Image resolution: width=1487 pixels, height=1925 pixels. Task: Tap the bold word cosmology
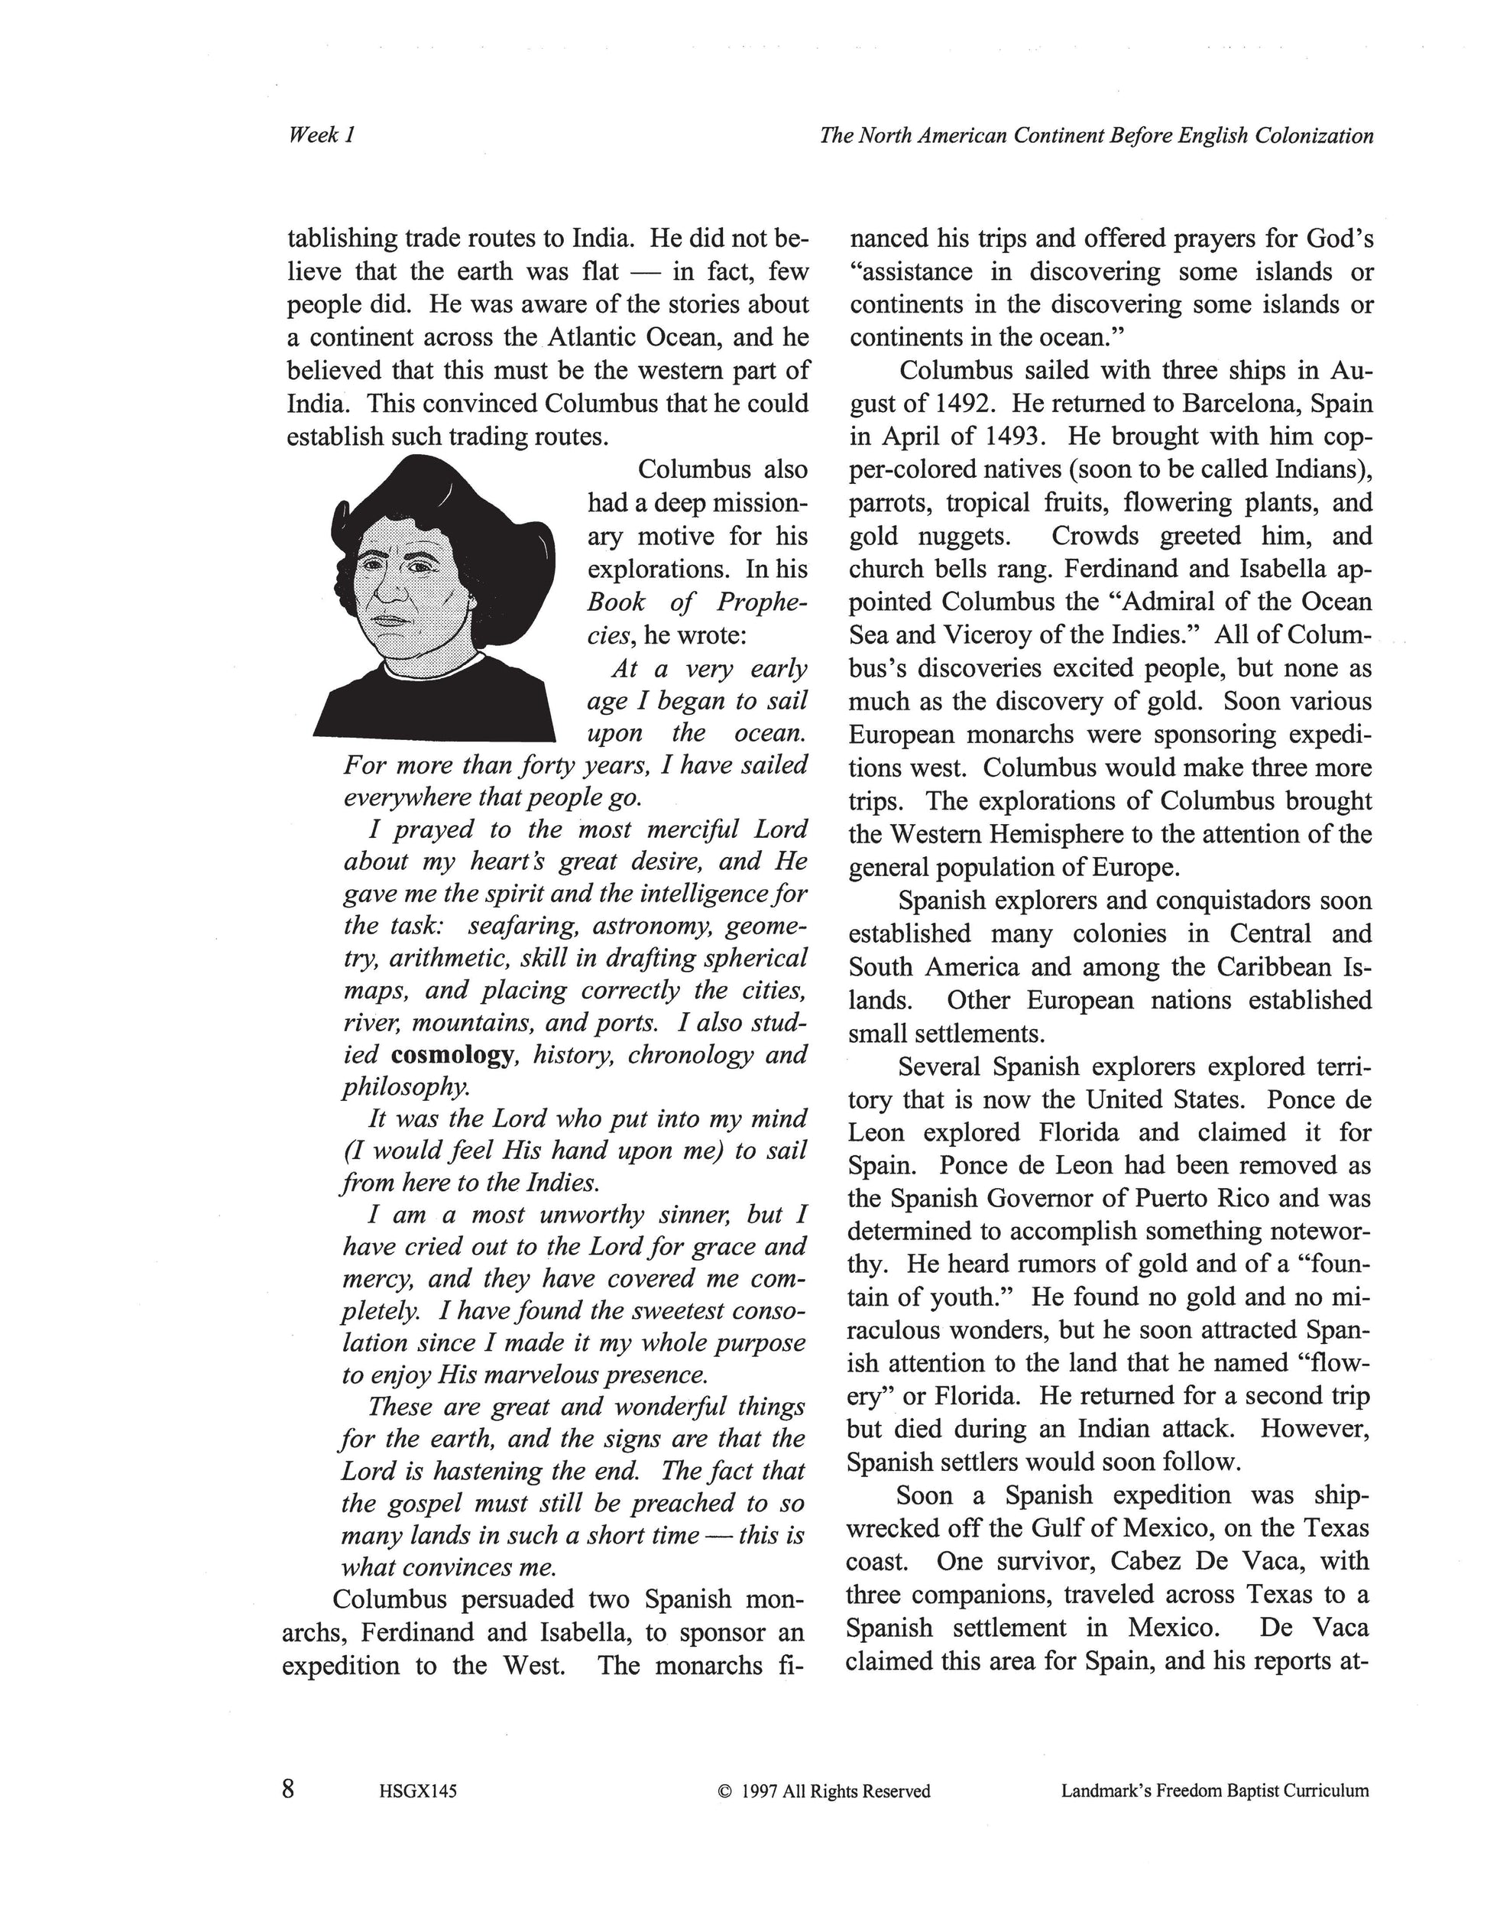coord(452,1055)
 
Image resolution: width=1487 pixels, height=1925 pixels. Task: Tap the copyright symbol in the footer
coord(725,1791)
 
